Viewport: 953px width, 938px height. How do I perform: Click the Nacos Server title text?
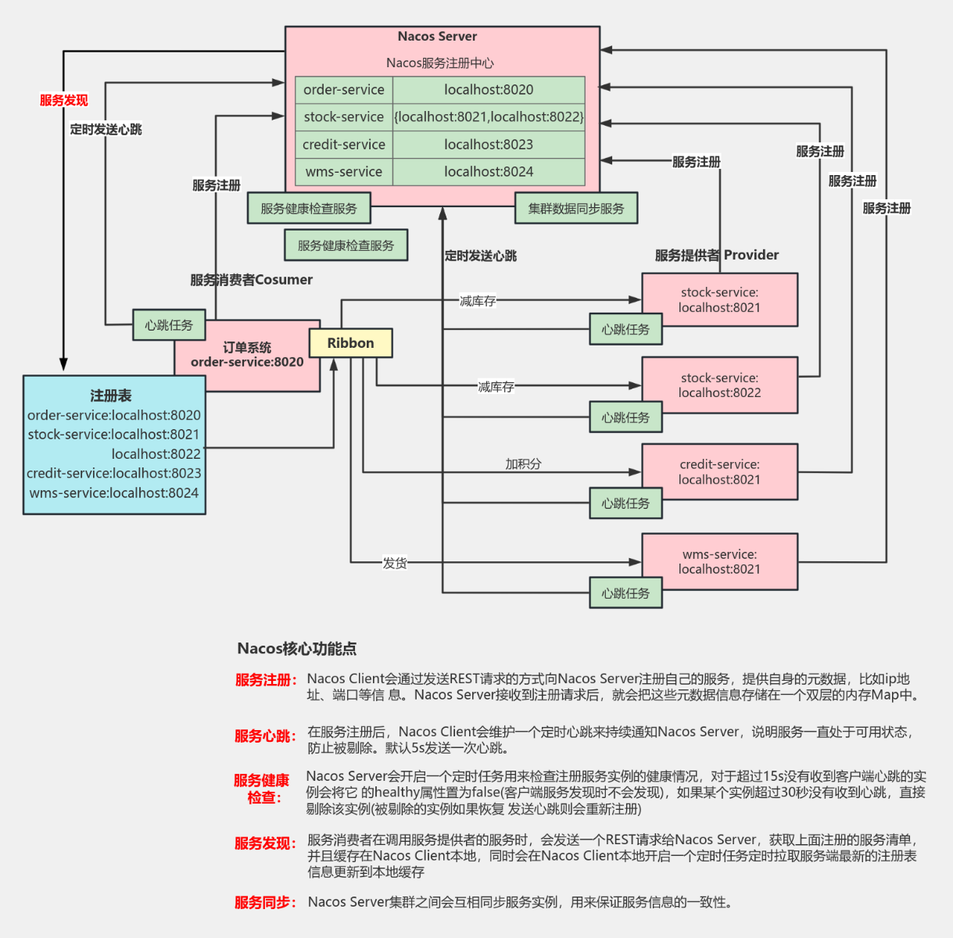pos(437,37)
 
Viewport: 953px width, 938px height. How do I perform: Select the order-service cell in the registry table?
pos(344,90)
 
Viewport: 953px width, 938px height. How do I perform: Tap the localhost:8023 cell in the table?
pos(489,145)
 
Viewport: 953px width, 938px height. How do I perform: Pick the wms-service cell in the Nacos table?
pos(344,172)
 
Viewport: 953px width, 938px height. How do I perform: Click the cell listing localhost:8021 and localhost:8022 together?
pos(489,117)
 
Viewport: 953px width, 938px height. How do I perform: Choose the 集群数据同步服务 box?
pos(576,209)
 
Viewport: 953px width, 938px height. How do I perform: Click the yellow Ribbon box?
pos(350,343)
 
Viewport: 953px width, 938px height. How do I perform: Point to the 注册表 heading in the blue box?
pos(111,396)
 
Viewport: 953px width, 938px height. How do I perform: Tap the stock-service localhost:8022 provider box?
pos(719,385)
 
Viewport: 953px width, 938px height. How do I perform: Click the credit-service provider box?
pos(719,472)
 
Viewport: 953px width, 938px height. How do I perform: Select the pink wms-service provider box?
pos(719,562)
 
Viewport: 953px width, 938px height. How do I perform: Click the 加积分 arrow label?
pos(523,464)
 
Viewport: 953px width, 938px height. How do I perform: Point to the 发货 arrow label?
pos(394,563)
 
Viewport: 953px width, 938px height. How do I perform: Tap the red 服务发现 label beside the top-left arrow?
pos(64,100)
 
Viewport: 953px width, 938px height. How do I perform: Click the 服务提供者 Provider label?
pos(716,255)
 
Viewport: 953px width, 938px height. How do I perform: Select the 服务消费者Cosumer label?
pos(251,280)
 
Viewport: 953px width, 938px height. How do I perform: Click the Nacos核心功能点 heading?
pos(297,649)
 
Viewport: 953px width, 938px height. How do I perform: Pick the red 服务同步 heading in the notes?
pos(265,903)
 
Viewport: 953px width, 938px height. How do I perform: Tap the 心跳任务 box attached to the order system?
pos(169,325)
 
